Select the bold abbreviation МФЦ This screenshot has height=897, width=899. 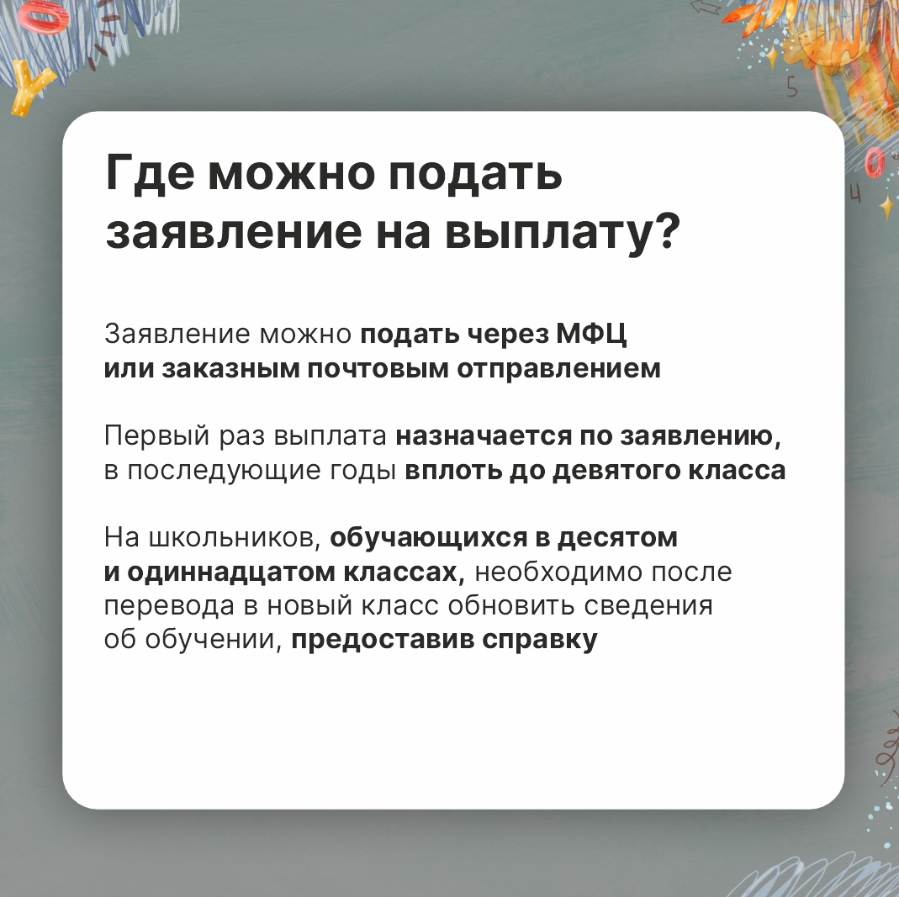[591, 334]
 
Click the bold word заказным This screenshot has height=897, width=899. [230, 368]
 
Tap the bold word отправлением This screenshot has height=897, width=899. [558, 370]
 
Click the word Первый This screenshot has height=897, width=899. [156, 436]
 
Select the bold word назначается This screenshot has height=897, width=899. [484, 436]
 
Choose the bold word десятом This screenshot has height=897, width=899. [617, 538]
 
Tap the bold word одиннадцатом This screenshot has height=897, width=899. [230, 572]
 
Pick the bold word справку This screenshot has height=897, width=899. [540, 641]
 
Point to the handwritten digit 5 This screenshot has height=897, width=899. [792, 87]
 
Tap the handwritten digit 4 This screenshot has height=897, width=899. [855, 194]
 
